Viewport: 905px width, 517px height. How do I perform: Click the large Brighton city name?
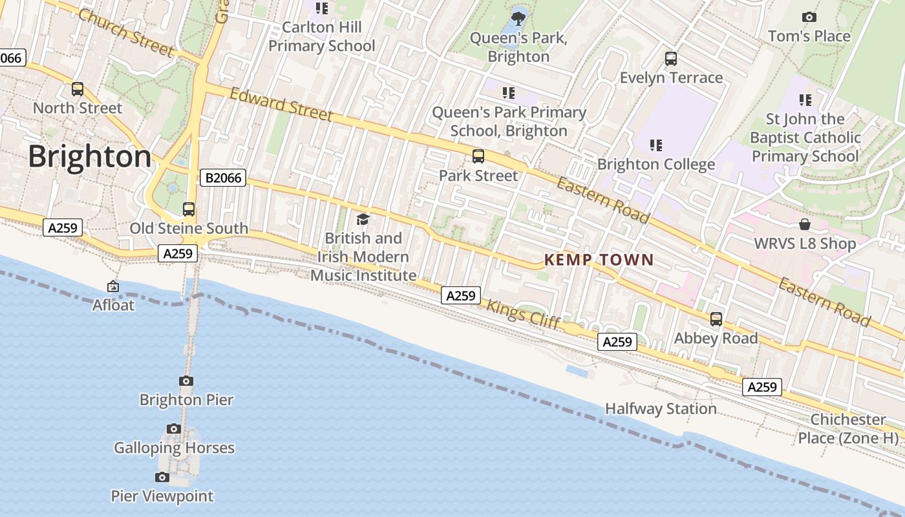click(90, 157)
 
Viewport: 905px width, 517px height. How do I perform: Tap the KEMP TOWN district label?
click(599, 260)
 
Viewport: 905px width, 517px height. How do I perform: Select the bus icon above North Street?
click(78, 89)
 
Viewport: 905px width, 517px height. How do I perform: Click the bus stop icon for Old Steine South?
click(189, 209)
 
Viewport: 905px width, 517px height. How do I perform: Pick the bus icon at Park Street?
click(478, 156)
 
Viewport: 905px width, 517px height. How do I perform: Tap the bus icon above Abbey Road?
click(716, 319)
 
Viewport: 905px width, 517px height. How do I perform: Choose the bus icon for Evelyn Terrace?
click(671, 59)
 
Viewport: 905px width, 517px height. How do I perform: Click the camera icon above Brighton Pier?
click(186, 381)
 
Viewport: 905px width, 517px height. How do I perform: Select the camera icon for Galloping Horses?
click(173, 428)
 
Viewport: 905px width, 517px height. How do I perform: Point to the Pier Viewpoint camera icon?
click(162, 478)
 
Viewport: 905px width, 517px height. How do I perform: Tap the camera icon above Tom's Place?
click(809, 17)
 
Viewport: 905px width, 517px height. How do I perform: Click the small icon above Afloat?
click(113, 286)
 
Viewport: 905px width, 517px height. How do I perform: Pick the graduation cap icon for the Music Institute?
click(363, 220)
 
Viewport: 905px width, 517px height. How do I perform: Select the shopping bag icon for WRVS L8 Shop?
click(805, 224)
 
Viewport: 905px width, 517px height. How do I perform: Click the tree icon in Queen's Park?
click(518, 17)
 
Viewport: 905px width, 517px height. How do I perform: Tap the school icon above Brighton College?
click(656, 145)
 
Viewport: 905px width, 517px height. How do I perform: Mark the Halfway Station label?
click(661, 409)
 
